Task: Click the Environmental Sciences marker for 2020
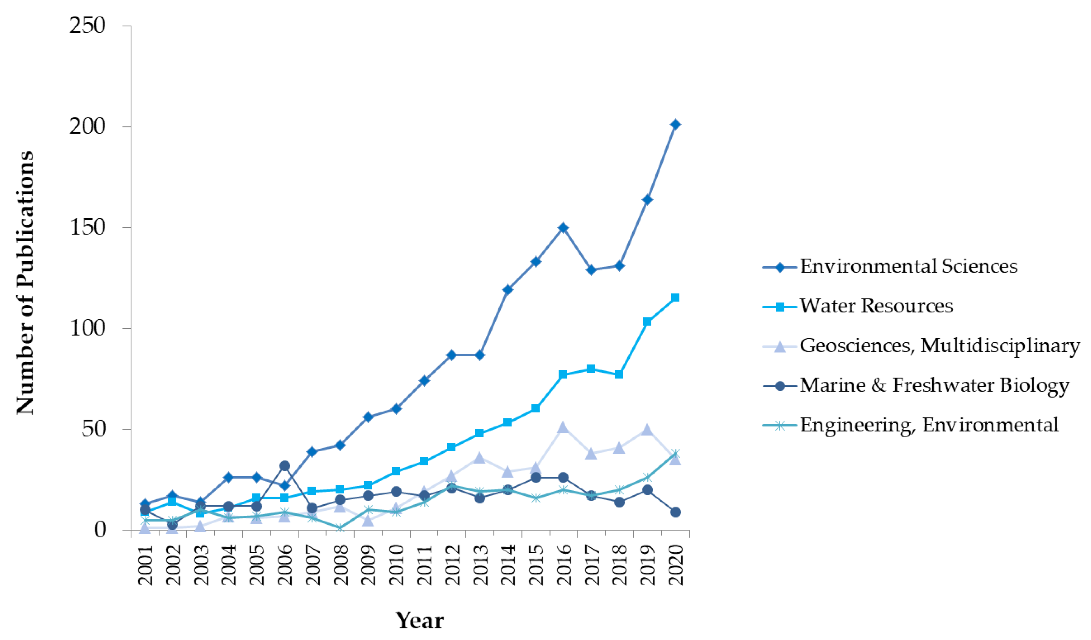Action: (675, 125)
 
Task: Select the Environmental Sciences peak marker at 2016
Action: (563, 228)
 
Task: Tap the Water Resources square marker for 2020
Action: (675, 297)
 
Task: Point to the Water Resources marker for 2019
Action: (647, 322)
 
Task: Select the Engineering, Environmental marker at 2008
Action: (340, 528)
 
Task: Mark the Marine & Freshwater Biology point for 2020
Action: (675, 512)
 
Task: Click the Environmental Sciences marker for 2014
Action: (507, 290)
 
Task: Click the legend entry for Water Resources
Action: (876, 306)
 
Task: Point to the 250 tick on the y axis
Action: (87, 26)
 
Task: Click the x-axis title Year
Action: (419, 621)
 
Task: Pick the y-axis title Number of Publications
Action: (25, 282)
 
